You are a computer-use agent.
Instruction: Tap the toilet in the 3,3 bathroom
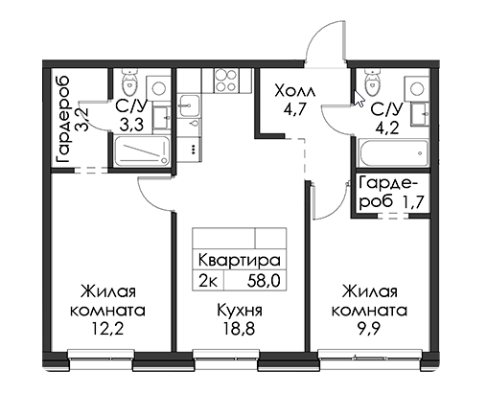click(129, 81)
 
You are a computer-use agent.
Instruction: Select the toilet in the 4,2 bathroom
click(372, 81)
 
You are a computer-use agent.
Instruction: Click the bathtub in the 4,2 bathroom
click(394, 152)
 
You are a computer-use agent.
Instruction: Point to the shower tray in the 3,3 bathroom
click(142, 151)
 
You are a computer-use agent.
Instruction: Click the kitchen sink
click(189, 105)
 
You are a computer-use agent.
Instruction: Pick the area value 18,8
click(240, 329)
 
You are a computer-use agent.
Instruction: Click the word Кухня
click(240, 310)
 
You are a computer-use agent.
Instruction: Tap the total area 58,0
click(264, 281)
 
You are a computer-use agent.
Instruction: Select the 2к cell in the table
click(208, 282)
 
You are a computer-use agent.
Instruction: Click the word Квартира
click(240, 260)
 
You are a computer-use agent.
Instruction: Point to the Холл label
click(295, 91)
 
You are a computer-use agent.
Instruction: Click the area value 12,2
click(107, 329)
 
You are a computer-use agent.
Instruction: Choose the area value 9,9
click(369, 329)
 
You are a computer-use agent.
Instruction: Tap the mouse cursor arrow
click(359, 99)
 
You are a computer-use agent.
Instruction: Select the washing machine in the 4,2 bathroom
click(417, 88)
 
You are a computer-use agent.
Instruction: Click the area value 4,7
click(295, 109)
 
